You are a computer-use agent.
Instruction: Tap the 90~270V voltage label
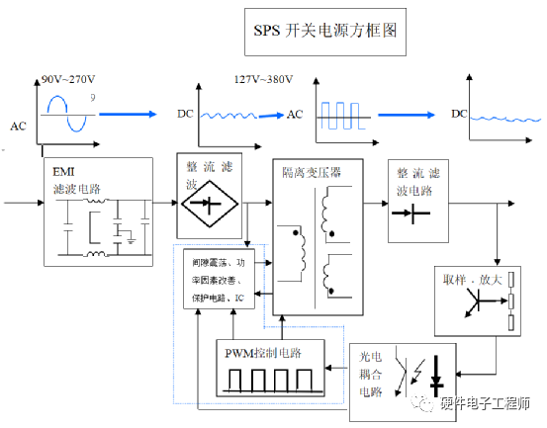pyautogui.click(x=68, y=78)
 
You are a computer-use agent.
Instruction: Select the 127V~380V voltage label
pyautogui.click(x=262, y=78)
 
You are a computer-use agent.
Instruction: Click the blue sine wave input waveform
pyautogui.click(x=67, y=110)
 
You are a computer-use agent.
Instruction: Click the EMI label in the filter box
pyautogui.click(x=64, y=171)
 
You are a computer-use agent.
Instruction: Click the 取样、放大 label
pyautogui.click(x=474, y=279)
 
